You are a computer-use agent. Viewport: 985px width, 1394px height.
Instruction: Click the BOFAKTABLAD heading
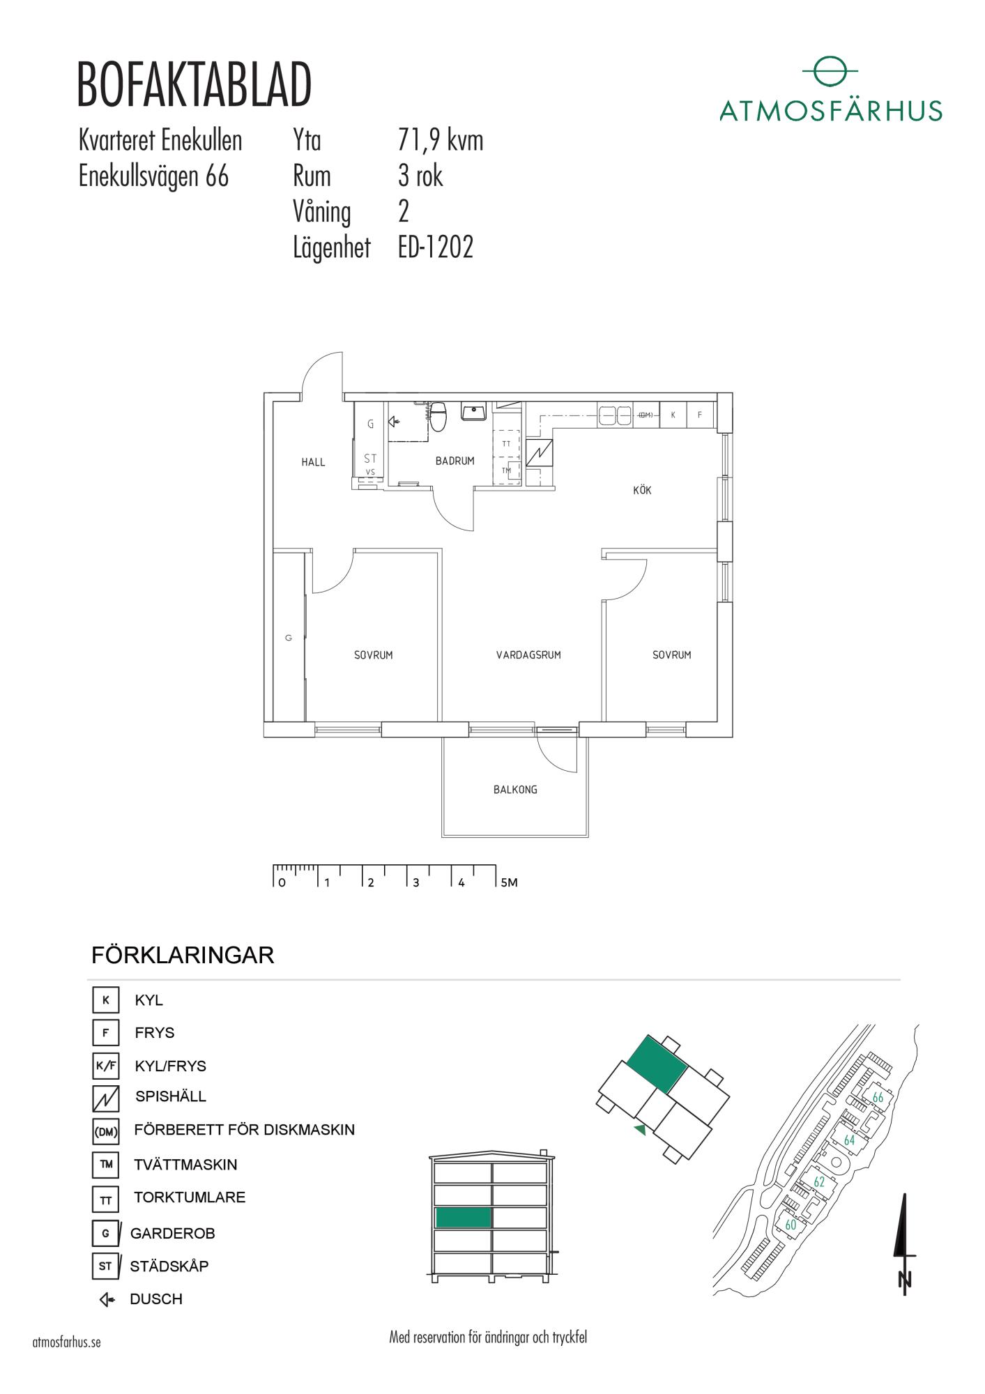pos(194,86)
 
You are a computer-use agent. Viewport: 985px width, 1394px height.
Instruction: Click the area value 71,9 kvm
pos(440,141)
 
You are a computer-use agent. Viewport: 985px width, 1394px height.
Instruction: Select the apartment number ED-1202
pos(436,247)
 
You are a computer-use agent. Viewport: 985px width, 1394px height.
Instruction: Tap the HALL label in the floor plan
pos(313,462)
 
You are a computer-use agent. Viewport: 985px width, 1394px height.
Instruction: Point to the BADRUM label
pos(455,461)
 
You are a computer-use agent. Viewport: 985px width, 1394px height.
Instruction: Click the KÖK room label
pos(642,491)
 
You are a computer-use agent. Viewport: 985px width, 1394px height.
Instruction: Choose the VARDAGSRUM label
pos(528,655)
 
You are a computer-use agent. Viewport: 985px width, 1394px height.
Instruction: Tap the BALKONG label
pos(515,790)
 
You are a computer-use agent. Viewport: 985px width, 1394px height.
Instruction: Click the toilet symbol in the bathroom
pos(438,416)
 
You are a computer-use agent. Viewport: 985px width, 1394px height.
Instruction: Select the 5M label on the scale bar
pos(509,882)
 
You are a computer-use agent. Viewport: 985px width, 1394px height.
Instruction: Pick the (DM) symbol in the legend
pos(106,1133)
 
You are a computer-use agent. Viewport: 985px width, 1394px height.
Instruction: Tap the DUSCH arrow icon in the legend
pos(107,1299)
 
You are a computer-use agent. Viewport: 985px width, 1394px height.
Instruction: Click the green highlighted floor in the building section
pos(464,1217)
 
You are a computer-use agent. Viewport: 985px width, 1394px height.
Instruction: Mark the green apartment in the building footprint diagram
pos(657,1064)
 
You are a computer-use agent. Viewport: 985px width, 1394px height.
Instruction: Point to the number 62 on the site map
pos(819,1182)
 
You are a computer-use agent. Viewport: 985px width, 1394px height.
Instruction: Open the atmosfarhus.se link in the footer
pos(67,1342)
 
